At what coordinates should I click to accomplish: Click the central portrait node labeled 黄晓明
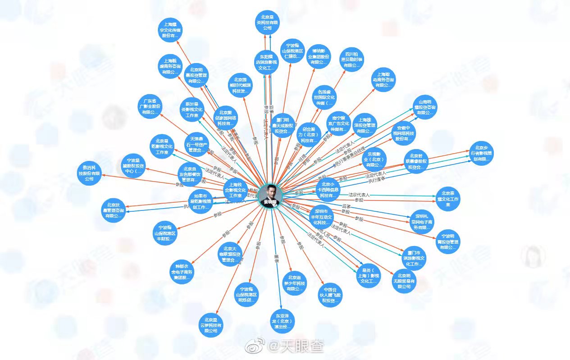[x=270, y=196]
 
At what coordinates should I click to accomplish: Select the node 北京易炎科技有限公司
[x=267, y=23]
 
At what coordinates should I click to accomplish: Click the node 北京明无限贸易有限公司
[x=404, y=281]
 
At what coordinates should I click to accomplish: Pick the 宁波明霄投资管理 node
[x=448, y=241]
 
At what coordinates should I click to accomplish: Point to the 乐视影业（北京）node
[x=374, y=159]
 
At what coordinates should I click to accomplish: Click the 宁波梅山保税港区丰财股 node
[x=164, y=232]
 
